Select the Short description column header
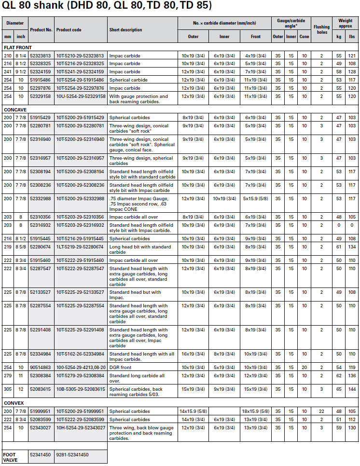click(125, 30)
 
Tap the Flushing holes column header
click(321, 30)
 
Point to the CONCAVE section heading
click(15, 109)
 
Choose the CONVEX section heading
click(14, 403)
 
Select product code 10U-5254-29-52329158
click(81, 96)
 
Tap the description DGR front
click(121, 368)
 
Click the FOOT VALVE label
click(10, 456)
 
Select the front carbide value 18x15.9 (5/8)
click(256, 411)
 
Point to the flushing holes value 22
click(321, 411)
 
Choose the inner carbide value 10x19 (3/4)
click(224, 199)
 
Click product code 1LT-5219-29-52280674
click(80, 247)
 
